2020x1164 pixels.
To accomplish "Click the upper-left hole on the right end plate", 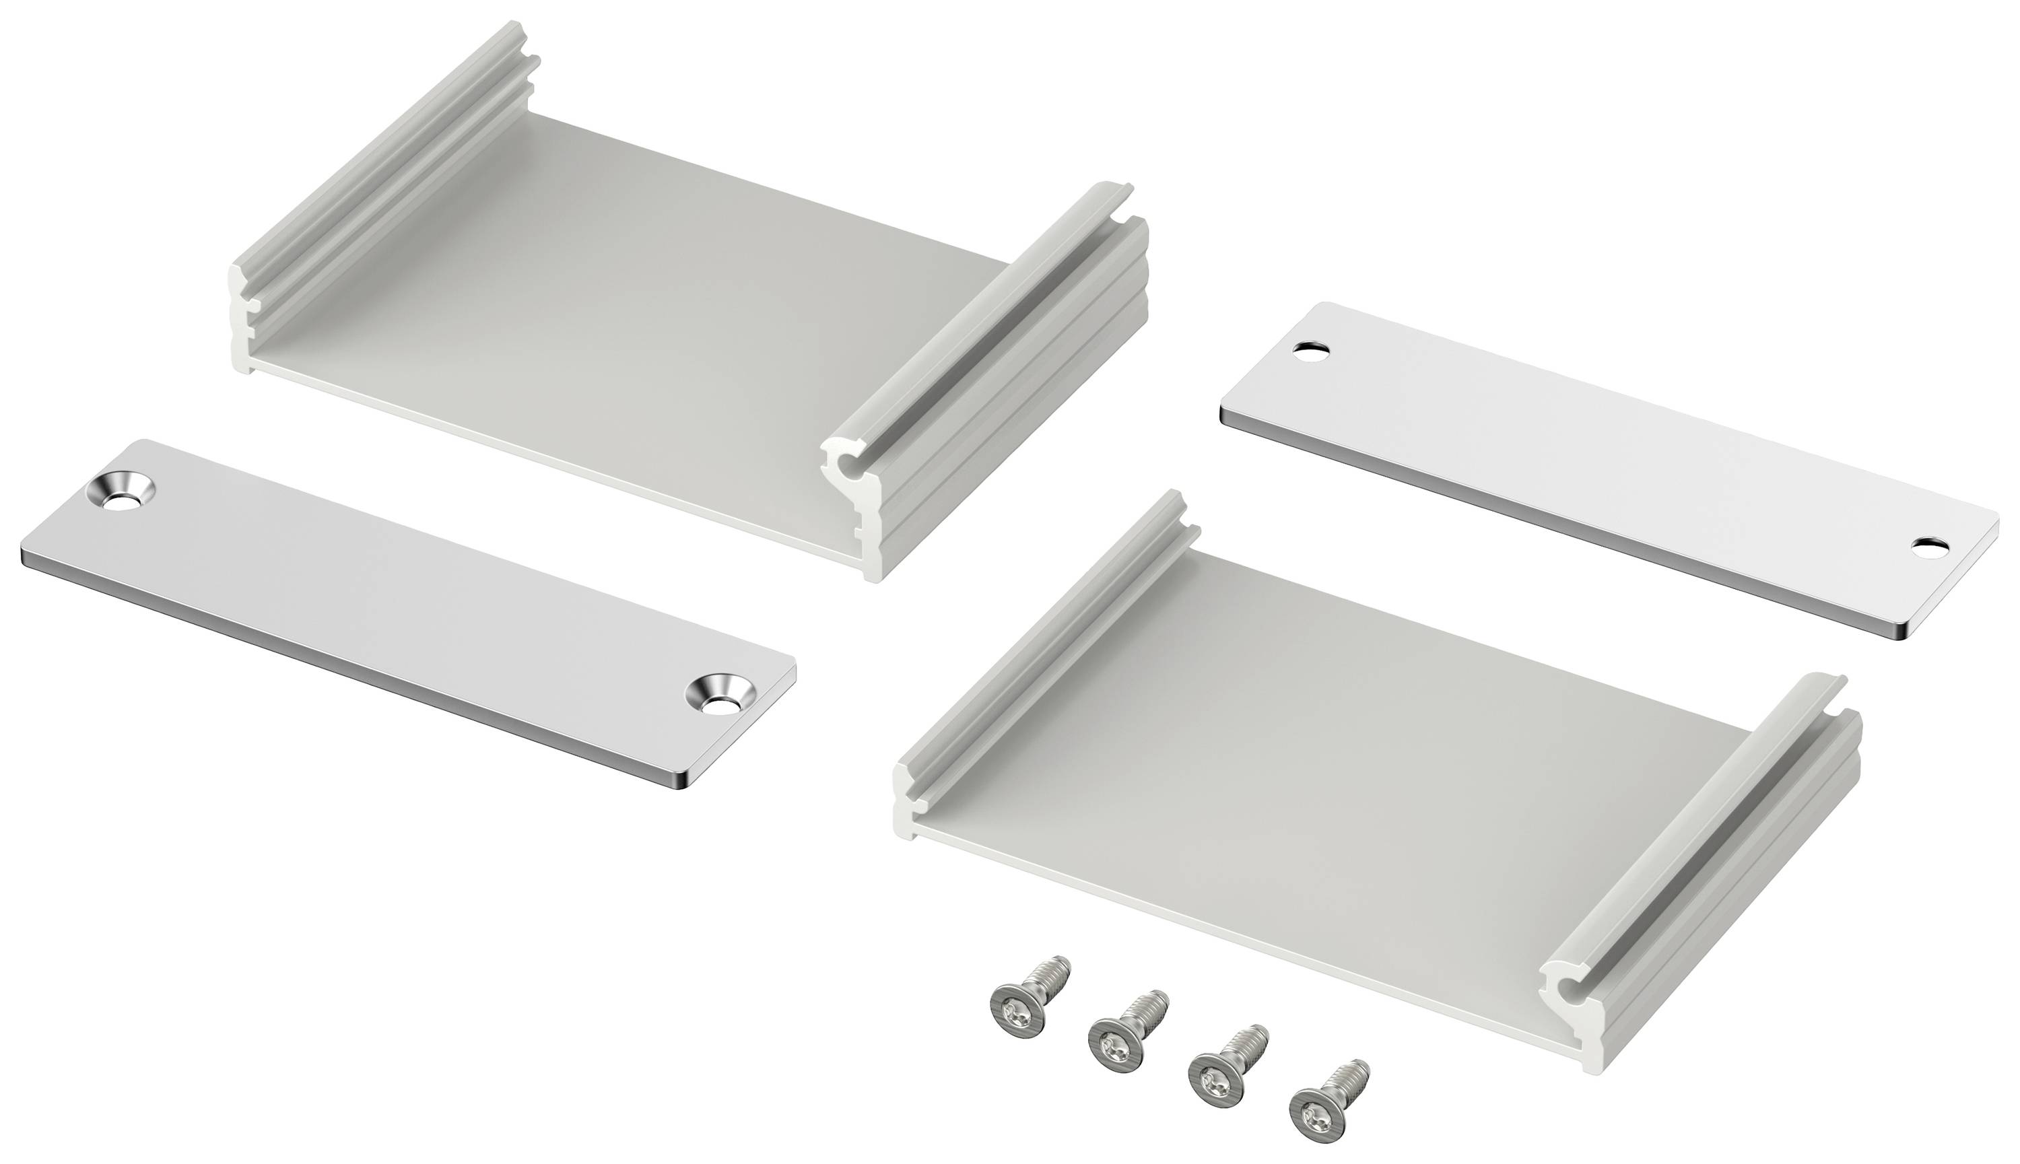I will coord(1311,349).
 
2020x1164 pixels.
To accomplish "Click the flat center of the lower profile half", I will coord(1311,767).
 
